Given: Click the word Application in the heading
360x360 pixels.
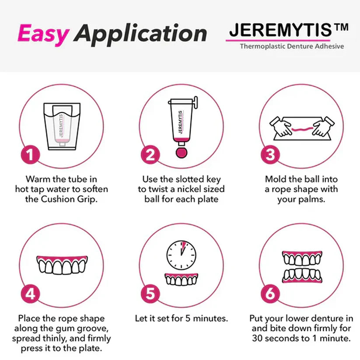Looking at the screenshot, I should click(x=140, y=35).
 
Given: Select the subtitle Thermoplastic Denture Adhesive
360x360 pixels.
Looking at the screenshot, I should click(x=291, y=46).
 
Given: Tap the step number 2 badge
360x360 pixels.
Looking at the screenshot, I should click(x=150, y=155).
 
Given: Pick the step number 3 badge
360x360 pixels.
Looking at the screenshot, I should click(x=270, y=155).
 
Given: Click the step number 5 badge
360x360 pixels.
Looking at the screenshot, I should click(x=150, y=294).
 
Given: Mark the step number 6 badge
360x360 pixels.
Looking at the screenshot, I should click(x=270, y=294).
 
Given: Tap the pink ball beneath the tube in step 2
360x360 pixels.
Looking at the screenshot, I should click(x=181, y=151).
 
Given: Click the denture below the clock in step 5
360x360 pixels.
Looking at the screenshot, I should click(x=180, y=279).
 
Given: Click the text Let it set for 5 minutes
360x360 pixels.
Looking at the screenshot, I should click(x=181, y=318).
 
